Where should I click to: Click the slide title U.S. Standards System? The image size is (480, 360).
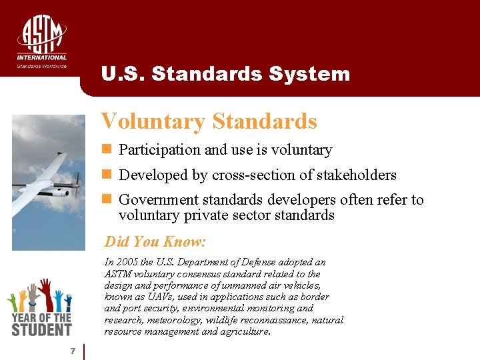coord(225,73)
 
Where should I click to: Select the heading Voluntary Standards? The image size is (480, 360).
coord(209,121)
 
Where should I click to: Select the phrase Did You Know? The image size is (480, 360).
coord(155,241)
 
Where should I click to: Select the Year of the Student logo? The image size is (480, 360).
coord(39,307)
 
